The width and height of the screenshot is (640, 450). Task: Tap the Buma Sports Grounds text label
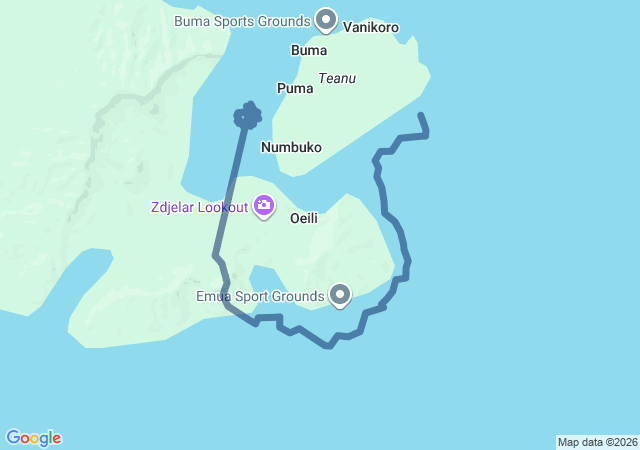point(240,19)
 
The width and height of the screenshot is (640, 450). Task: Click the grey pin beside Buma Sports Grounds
point(326,18)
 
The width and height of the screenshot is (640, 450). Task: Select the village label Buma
point(309,50)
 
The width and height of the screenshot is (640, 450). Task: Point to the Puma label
point(295,88)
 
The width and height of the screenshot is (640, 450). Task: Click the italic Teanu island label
point(337,78)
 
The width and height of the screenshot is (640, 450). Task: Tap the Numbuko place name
point(291,147)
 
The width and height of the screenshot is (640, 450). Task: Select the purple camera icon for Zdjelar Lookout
point(264,206)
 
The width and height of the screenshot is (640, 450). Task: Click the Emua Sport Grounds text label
point(260,296)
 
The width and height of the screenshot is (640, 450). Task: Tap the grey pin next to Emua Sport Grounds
point(341,295)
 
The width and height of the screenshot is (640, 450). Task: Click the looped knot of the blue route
point(247,116)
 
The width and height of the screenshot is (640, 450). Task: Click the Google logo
point(33,438)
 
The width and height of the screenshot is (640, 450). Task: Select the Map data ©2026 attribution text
point(597,442)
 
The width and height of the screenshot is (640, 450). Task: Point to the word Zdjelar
point(171,207)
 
